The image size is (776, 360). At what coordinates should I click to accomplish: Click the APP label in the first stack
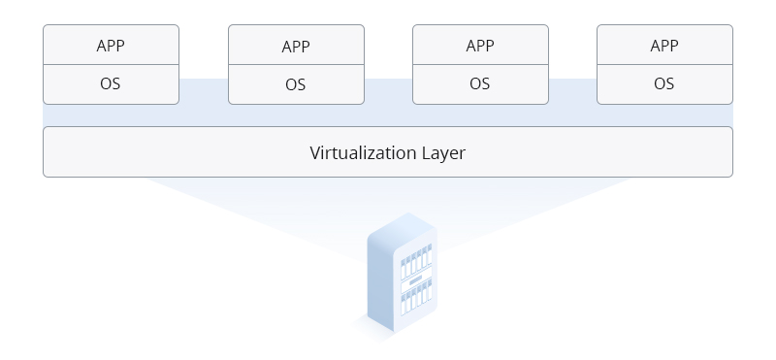(x=111, y=46)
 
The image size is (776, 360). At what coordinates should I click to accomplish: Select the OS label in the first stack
(x=111, y=83)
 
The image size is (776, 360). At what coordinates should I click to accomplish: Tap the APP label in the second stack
(x=296, y=47)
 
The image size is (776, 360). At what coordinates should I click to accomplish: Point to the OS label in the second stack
(x=296, y=84)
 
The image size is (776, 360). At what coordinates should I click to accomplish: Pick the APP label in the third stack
(x=480, y=46)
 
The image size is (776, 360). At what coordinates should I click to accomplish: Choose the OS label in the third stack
(x=480, y=83)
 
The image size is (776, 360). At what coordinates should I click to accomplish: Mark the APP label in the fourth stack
(x=664, y=46)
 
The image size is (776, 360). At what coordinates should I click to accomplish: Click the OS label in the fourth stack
(x=664, y=83)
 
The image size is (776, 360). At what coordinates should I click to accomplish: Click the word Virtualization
(x=362, y=152)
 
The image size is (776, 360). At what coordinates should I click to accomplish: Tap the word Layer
(x=443, y=153)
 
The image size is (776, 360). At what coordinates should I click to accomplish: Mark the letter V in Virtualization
(x=315, y=152)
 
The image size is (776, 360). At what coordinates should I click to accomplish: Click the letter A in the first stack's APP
(x=101, y=46)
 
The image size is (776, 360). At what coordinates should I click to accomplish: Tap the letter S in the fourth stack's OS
(x=669, y=83)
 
